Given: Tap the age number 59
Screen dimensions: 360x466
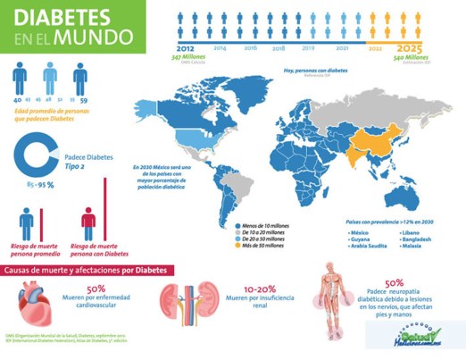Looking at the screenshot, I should pyautogui.click(x=82, y=100).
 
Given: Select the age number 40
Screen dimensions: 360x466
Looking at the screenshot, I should pyautogui.click(x=18, y=100).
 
